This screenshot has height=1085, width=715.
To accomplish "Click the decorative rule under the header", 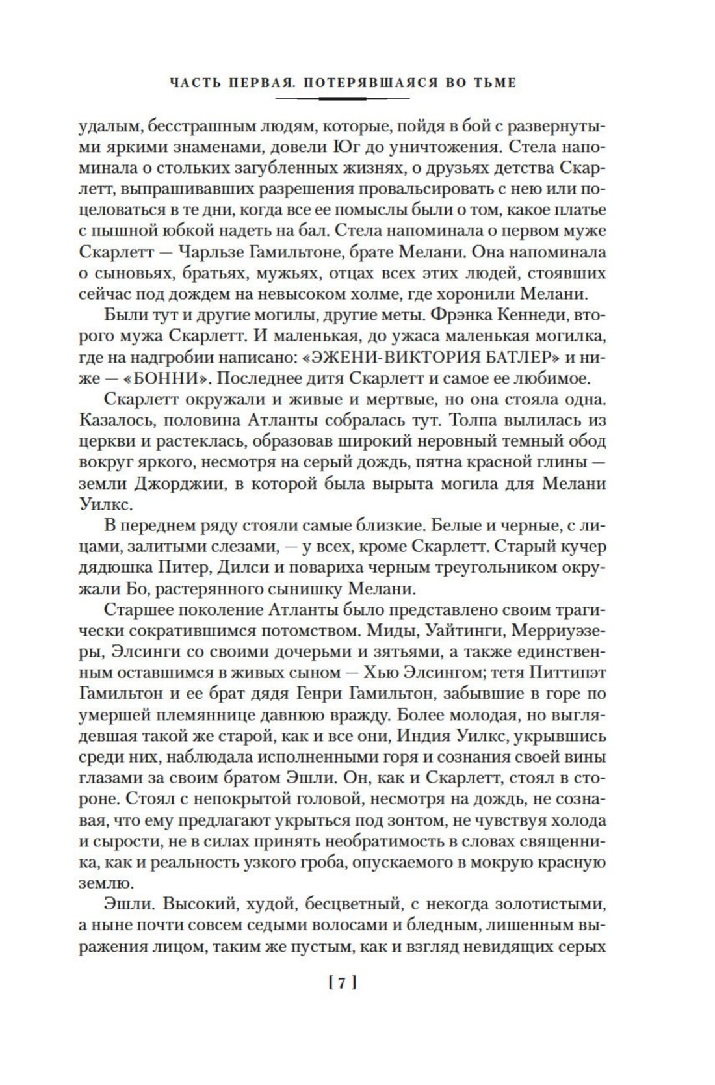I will (343, 98).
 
